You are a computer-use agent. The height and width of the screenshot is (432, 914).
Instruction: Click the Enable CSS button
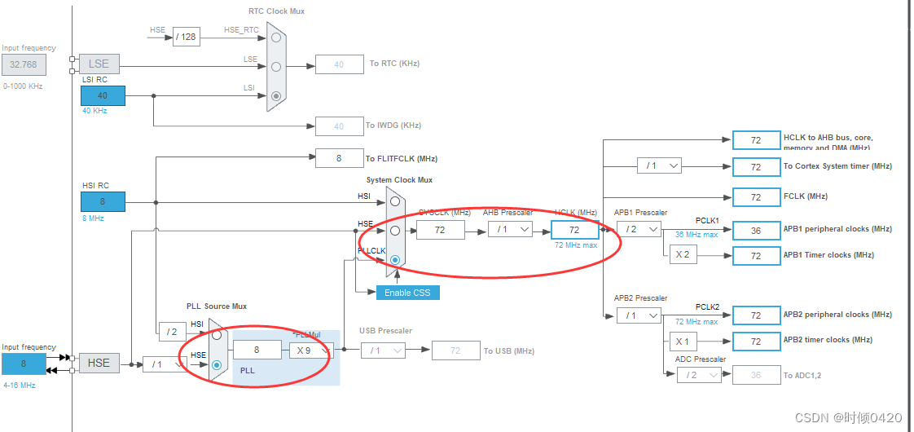click(x=407, y=293)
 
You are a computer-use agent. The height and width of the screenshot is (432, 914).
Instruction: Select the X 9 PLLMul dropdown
click(x=309, y=350)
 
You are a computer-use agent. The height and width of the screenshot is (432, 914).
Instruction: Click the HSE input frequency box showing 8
click(x=24, y=364)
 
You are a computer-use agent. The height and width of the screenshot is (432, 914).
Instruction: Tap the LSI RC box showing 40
click(x=103, y=95)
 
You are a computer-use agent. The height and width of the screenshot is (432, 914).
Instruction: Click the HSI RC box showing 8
click(x=103, y=201)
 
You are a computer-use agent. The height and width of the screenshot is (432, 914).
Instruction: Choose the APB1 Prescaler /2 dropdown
click(x=638, y=230)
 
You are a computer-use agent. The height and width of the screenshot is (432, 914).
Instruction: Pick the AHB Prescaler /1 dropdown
click(x=510, y=230)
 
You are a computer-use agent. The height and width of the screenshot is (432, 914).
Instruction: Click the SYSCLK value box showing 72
click(x=440, y=230)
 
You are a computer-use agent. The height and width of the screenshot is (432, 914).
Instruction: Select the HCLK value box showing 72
click(x=574, y=230)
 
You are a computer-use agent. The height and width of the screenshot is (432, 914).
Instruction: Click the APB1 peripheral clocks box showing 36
click(x=756, y=230)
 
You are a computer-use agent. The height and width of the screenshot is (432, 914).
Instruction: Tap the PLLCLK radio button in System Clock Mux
click(x=395, y=260)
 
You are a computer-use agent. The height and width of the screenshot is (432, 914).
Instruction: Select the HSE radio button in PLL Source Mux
click(x=216, y=365)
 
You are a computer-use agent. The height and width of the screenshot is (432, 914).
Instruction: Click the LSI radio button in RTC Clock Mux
click(x=276, y=96)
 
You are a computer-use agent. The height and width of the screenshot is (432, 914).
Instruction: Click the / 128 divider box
click(x=187, y=37)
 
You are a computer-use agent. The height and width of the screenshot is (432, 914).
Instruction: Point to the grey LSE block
click(x=99, y=64)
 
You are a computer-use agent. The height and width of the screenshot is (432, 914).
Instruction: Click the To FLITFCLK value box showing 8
click(x=339, y=158)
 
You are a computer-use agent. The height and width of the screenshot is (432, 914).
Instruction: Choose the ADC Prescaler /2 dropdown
click(x=698, y=375)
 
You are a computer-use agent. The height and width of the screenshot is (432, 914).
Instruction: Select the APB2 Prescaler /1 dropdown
click(x=638, y=315)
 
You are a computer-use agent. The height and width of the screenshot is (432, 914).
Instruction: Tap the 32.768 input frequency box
click(x=24, y=64)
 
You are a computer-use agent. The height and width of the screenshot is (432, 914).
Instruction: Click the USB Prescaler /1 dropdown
click(x=382, y=350)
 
